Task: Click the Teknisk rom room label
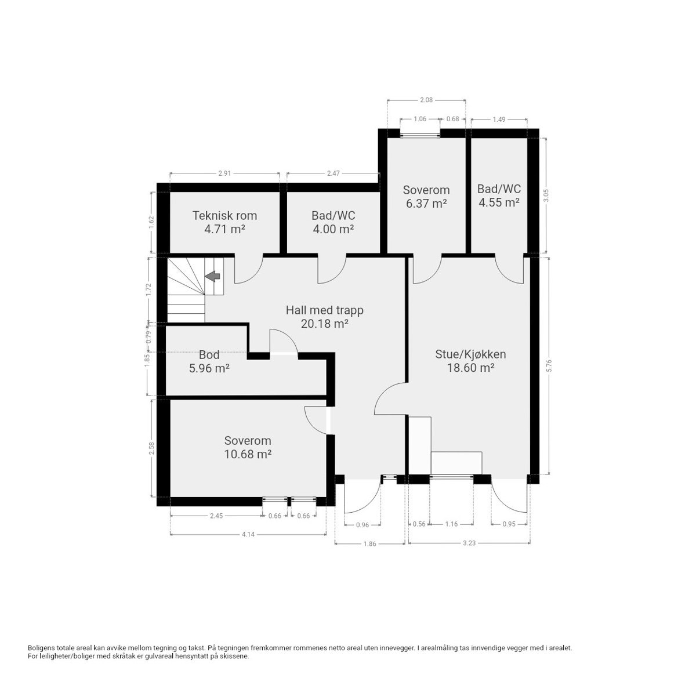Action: tap(224, 216)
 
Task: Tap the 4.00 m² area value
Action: tap(333, 229)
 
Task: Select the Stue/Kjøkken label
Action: tap(471, 354)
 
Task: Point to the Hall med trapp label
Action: tap(324, 310)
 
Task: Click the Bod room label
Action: tap(209, 354)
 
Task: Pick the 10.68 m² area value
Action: tap(248, 455)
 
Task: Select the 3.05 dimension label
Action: tap(545, 197)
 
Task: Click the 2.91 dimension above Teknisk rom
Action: tap(224, 173)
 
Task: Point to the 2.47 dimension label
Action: tap(333, 173)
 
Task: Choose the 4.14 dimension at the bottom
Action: tap(248, 534)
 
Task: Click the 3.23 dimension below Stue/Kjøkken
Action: tap(469, 543)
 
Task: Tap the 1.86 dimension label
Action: tap(369, 543)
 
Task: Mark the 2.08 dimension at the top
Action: tap(426, 100)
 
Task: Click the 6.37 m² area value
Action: tap(426, 204)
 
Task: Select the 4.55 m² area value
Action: tap(499, 202)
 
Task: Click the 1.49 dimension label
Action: tap(499, 119)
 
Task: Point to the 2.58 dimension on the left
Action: tap(151, 449)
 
